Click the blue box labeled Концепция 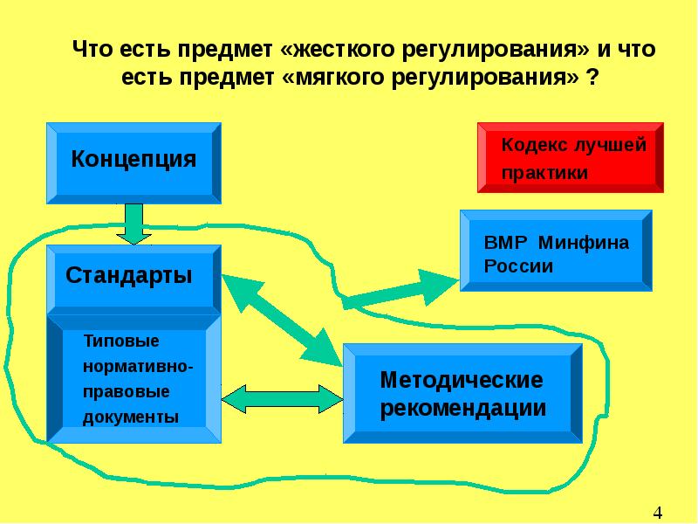tap(133, 162)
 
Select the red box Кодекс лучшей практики tap(570, 157)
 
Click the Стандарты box tap(133, 277)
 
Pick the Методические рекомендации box tap(462, 394)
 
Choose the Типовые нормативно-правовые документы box tap(133, 378)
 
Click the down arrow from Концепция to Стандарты tap(133, 224)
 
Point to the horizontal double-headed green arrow tap(281, 398)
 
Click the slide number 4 tap(659, 511)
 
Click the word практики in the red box tap(544, 173)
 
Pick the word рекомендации tap(462, 408)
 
